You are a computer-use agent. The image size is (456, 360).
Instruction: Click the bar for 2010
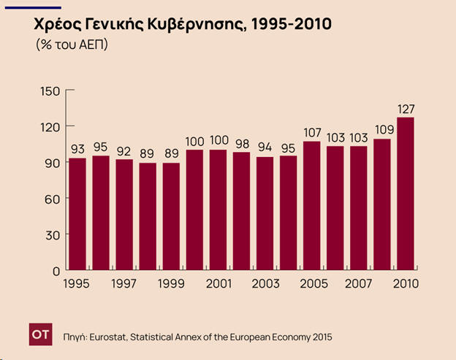pyautogui.click(x=406, y=194)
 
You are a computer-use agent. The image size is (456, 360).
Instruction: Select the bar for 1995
pyautogui.click(x=77, y=214)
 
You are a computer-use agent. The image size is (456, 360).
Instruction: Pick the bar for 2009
pyautogui.click(x=382, y=204)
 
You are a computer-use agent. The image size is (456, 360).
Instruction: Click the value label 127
pyautogui.click(x=406, y=109)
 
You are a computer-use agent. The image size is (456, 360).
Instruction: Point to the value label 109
pyautogui.click(x=382, y=130)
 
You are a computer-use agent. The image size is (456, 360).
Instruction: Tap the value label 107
pyautogui.click(x=312, y=133)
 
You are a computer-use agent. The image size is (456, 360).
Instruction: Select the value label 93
pyautogui.click(x=77, y=149)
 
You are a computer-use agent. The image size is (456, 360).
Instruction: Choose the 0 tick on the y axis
pyautogui.click(x=56, y=270)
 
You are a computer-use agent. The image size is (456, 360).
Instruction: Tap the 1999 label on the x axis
pyautogui.click(x=170, y=284)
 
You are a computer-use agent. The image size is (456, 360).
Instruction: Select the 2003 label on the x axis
pyautogui.click(x=265, y=284)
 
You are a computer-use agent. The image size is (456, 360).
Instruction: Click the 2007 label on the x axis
pyautogui.click(x=358, y=284)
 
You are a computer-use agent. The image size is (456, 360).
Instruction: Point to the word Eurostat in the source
pyautogui.click(x=111, y=337)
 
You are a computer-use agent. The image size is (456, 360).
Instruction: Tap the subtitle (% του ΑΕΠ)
pyautogui.click(x=72, y=45)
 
